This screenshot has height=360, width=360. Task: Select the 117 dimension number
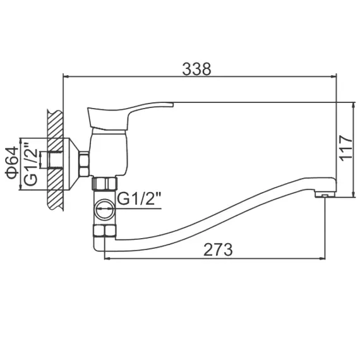click(x=344, y=149)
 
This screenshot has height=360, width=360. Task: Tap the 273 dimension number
click(x=219, y=249)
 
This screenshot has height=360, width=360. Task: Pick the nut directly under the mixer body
click(x=104, y=184)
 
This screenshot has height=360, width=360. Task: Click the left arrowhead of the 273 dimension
click(x=105, y=259)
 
